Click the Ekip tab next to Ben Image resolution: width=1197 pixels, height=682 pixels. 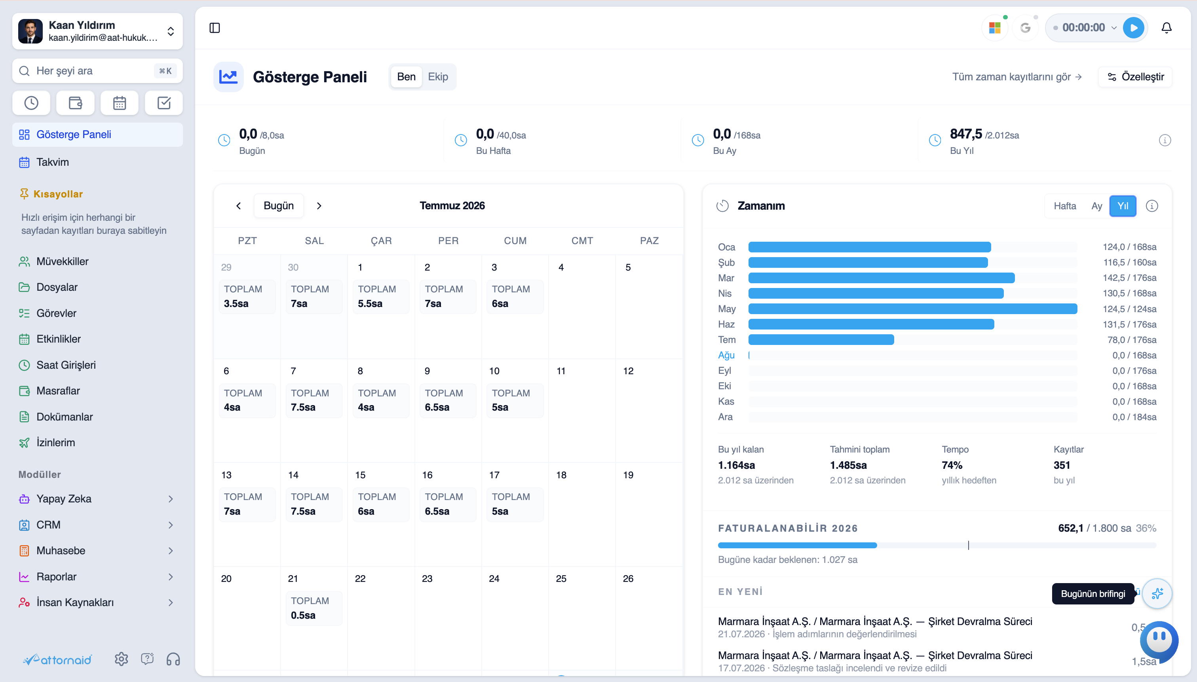[x=438, y=77]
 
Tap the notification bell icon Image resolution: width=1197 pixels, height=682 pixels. [x=1167, y=28]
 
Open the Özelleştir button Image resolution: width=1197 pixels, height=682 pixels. [x=1135, y=77]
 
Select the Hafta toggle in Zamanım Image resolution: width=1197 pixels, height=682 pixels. [x=1065, y=206]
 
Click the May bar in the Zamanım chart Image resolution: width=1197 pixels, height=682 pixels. [x=912, y=309]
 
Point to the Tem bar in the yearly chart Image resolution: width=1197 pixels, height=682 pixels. [x=821, y=339]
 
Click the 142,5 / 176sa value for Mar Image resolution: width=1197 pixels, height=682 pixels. [x=1130, y=278]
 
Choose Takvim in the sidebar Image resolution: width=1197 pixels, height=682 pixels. [x=53, y=162]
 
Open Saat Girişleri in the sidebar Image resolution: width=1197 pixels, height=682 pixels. [x=66, y=365]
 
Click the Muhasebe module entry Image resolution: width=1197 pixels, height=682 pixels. [x=61, y=550]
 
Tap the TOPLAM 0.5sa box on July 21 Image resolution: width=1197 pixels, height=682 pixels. [x=314, y=608]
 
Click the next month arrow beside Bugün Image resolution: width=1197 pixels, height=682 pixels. [x=319, y=206]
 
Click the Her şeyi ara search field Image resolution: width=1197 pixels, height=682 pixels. [x=97, y=71]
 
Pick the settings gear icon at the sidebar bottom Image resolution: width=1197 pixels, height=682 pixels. [x=122, y=659]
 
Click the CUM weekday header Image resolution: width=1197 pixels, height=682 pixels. [x=515, y=241]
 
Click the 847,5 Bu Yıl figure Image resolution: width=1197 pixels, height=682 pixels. [x=965, y=134]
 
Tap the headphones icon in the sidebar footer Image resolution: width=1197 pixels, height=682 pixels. [x=173, y=659]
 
